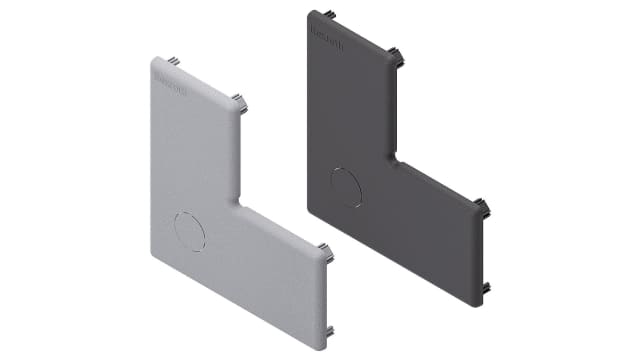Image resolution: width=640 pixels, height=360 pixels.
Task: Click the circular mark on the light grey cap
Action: coord(188,231)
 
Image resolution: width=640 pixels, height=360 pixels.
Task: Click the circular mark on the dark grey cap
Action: coord(347,187)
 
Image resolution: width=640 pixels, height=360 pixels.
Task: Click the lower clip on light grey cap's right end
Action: coord(329,331)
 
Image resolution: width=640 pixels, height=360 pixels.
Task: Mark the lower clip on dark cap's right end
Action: coord(486,287)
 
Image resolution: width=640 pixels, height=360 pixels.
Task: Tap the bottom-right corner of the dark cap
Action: coord(479,302)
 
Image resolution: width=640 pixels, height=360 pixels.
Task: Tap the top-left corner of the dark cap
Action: coord(311,14)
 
